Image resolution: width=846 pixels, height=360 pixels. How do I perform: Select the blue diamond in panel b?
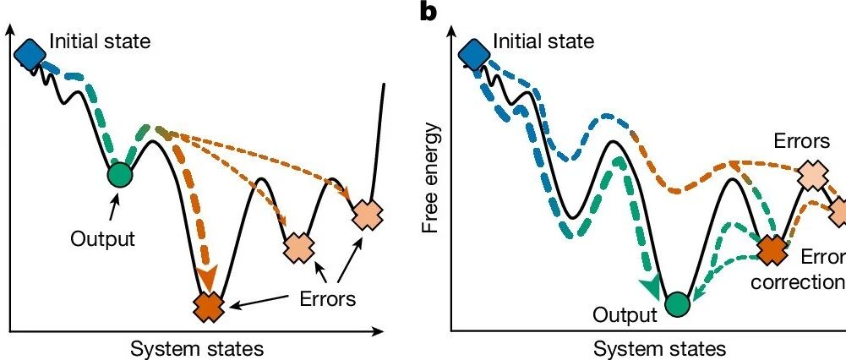point(474,53)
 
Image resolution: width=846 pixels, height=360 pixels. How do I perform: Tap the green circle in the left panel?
point(119,174)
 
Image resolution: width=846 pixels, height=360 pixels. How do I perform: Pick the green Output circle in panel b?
point(677,304)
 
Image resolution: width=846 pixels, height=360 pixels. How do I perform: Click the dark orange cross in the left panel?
point(209,307)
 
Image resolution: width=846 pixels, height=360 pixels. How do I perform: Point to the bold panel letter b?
point(428,11)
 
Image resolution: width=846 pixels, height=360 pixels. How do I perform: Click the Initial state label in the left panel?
point(101,41)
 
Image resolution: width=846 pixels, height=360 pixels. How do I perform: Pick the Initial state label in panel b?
point(544,41)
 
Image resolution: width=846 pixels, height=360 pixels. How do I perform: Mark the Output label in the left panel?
point(102,238)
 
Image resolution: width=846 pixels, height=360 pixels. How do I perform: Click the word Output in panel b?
point(625,314)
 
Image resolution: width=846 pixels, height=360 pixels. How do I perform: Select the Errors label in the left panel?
point(328,297)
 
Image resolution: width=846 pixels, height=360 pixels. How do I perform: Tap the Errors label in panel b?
point(802,141)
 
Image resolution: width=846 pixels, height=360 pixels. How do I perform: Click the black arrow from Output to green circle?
point(112,209)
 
